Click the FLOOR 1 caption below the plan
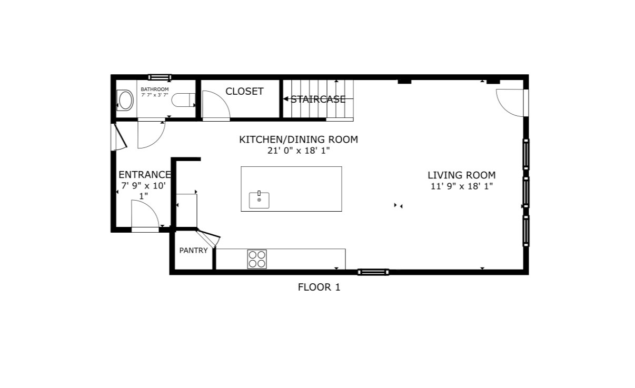(319, 287)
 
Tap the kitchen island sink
(259, 200)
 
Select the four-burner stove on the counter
(257, 259)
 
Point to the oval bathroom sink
(125, 100)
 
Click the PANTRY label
(193, 251)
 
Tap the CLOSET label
(244, 92)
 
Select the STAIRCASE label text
(318, 99)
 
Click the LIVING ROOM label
(461, 175)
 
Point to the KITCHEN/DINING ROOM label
(299, 140)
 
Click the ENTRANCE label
(144, 175)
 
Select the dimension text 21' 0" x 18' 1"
(299, 151)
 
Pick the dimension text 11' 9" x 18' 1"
(461, 186)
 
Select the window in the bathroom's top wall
(160, 77)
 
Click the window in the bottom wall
(373, 272)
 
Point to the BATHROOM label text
(154, 89)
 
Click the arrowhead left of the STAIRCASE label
(286, 99)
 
